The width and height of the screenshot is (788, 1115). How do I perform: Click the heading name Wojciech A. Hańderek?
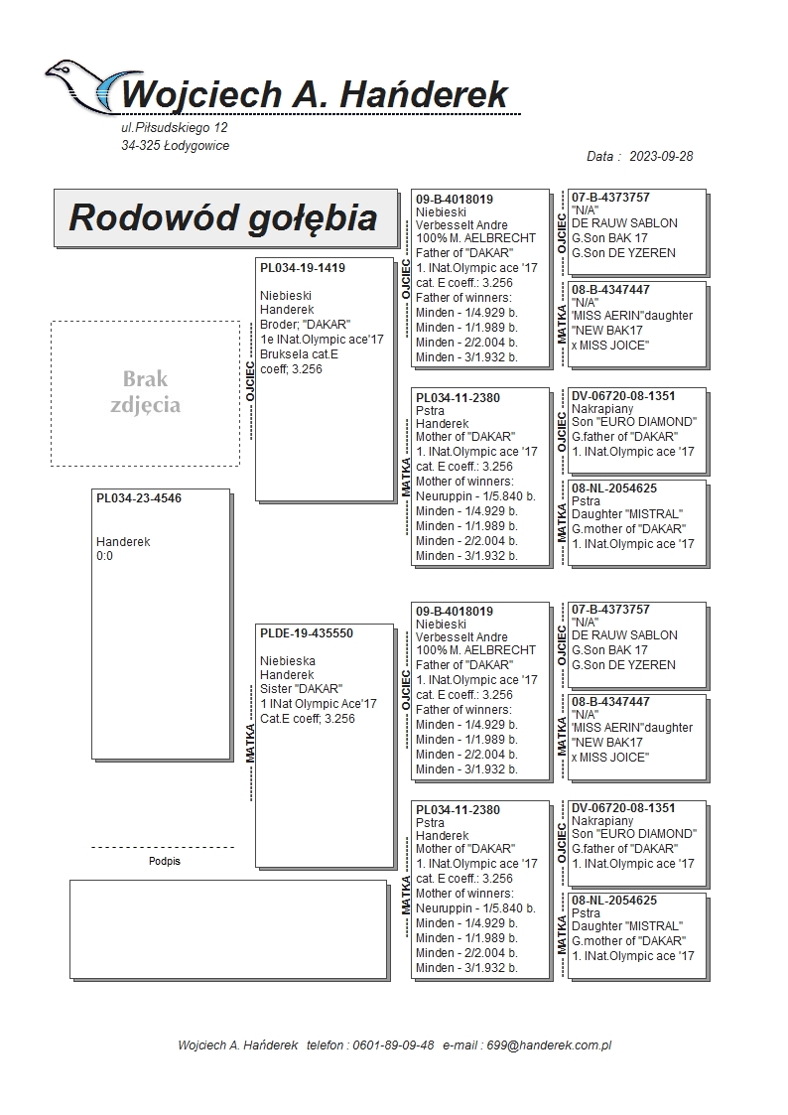pos(315,95)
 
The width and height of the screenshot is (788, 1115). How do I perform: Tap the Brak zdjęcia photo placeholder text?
pos(145,392)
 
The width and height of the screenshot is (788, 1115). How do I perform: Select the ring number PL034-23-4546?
pos(139,498)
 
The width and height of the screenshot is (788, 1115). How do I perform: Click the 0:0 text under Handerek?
pos(105,556)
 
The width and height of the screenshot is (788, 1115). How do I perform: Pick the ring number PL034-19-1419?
pos(303,268)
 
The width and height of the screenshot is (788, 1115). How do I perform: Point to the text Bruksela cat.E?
pos(300,353)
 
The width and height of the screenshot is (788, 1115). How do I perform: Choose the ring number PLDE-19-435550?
pos(307,633)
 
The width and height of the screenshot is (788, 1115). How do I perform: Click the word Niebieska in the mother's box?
pos(288,660)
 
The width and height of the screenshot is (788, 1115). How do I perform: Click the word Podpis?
pos(164,861)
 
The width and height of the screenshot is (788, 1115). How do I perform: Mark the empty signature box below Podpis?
pos(227,927)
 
